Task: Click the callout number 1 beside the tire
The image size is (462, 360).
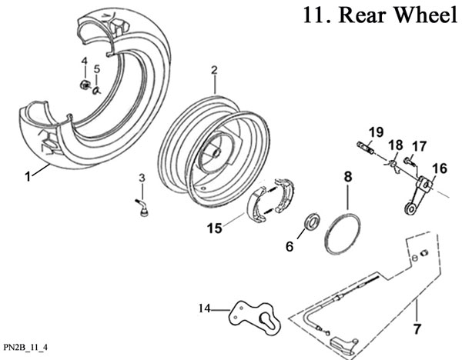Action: pyautogui.click(x=27, y=175)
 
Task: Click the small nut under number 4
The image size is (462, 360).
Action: pyautogui.click(x=83, y=85)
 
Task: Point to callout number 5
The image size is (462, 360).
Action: pyautogui.click(x=96, y=71)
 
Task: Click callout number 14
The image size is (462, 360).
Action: pyautogui.click(x=205, y=309)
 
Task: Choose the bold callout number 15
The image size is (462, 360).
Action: pyautogui.click(x=214, y=228)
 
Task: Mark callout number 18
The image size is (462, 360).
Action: pyautogui.click(x=396, y=145)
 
